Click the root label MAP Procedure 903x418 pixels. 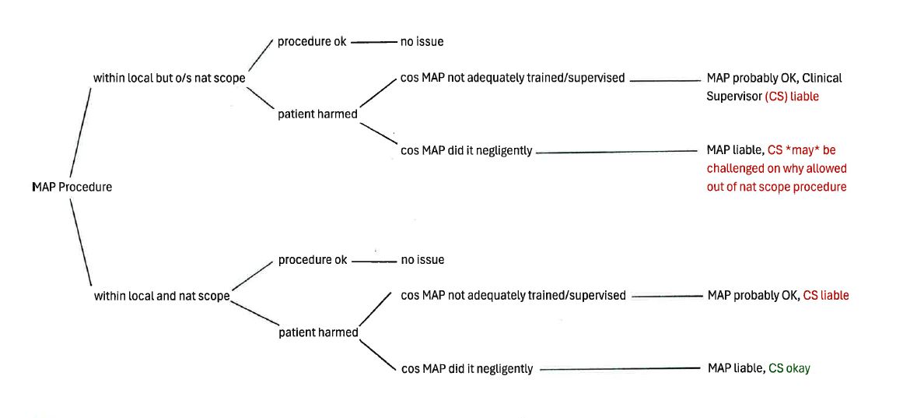point(72,187)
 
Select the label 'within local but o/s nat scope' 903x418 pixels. point(169,78)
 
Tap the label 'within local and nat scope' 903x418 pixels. point(162,297)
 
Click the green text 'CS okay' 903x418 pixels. point(789,368)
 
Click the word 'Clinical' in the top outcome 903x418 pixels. point(821,78)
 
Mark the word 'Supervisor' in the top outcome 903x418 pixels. point(733,96)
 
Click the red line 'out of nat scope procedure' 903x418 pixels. point(776,187)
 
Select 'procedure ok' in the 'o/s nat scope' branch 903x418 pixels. point(312,41)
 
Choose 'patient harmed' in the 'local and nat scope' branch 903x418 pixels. point(318,332)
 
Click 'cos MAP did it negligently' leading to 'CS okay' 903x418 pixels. point(467,369)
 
